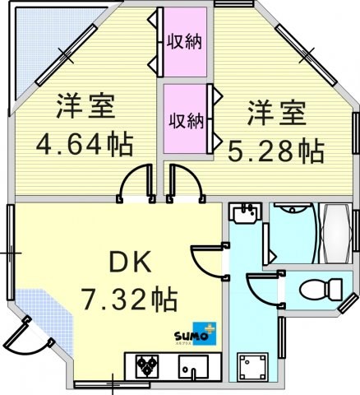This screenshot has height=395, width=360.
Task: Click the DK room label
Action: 131,262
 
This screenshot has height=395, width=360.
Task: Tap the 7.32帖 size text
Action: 130,299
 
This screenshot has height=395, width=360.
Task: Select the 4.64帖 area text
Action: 85,143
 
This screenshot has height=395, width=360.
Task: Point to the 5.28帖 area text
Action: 276,151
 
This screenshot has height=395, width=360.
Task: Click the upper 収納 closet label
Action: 185,41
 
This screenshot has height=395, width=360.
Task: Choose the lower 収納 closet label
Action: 187,121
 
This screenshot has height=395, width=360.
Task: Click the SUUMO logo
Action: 196,333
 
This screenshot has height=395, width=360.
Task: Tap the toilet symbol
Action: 321,289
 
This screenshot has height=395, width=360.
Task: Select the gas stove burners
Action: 148,365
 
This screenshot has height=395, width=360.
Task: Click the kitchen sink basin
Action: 193,367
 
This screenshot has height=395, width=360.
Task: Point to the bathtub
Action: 336,233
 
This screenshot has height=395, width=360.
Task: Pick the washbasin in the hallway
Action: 245,212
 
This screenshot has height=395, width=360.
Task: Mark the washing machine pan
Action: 252,366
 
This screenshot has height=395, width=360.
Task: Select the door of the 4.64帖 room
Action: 136,184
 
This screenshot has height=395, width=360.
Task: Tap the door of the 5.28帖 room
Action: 186,184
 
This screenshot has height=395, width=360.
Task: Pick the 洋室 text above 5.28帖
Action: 277,113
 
